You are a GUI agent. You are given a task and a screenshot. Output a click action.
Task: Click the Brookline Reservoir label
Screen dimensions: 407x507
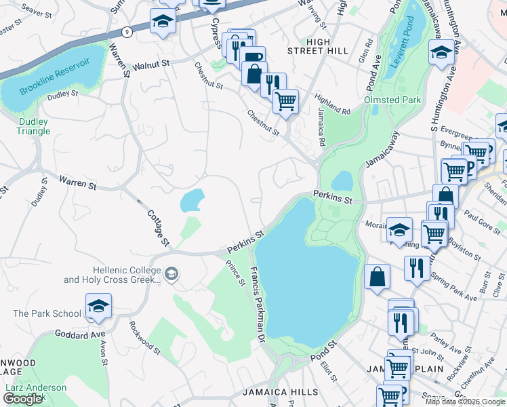pos(55,77)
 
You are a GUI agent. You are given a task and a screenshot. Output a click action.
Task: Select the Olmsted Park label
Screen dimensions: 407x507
pos(392,100)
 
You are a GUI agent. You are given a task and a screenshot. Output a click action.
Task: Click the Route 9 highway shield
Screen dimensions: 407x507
pos(127,31)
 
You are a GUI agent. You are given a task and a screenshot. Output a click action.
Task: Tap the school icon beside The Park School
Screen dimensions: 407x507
pos(98,307)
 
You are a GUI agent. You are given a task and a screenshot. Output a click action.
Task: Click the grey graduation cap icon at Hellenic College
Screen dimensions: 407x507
pos(171,274)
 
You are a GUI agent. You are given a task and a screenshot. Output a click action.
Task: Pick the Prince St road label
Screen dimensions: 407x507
pos(235,274)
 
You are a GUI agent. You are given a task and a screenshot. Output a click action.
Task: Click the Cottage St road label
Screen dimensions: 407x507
pos(159,228)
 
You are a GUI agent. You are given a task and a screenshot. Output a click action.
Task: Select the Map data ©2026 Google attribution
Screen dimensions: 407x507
pos(464,402)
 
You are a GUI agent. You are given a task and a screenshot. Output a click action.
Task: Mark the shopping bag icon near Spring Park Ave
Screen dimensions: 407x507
pos(377,277)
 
